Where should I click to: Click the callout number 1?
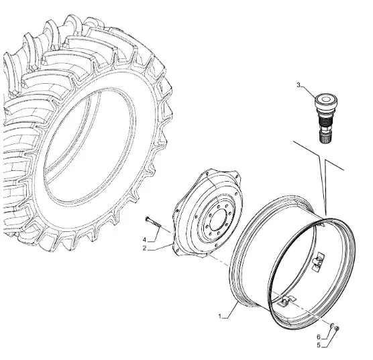click(x=220, y=316)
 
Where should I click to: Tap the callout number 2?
click(x=144, y=248)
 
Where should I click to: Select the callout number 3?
click(x=299, y=85)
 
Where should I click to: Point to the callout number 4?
click(x=144, y=239)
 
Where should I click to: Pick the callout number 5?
click(x=319, y=345)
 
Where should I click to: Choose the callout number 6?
click(x=319, y=337)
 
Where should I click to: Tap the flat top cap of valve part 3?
click(x=325, y=99)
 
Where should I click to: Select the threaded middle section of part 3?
click(x=325, y=121)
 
